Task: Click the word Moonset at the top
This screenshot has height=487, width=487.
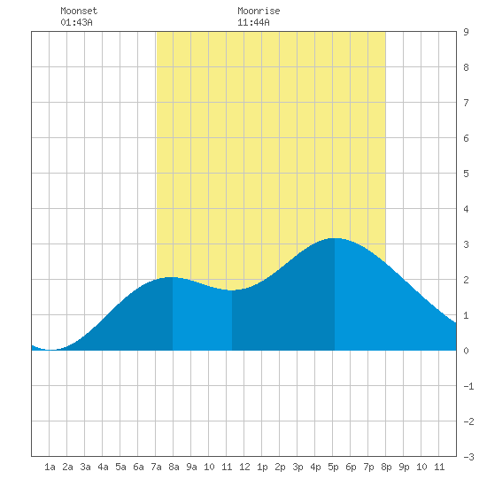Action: (x=79, y=11)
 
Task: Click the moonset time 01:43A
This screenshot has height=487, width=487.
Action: (x=76, y=22)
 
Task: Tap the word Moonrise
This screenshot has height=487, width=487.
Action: (x=259, y=11)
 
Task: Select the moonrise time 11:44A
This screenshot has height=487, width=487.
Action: (x=253, y=22)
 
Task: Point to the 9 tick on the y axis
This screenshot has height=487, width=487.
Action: (x=466, y=32)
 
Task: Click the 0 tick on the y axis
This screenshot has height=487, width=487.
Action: (x=466, y=351)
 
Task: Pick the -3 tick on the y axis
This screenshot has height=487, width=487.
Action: (x=468, y=457)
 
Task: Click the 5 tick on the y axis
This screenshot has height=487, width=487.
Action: (x=466, y=174)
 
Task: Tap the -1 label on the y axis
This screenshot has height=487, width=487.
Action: (x=468, y=386)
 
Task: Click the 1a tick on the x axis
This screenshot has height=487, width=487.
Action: (x=50, y=467)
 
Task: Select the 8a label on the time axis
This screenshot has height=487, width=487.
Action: (x=174, y=467)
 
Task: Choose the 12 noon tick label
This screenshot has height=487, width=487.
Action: (x=244, y=467)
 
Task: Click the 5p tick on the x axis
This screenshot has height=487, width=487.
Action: (x=333, y=467)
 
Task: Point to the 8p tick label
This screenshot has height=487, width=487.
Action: (x=386, y=467)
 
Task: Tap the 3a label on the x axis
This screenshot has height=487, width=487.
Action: (x=85, y=467)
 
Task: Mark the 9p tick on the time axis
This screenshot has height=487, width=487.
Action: (x=404, y=467)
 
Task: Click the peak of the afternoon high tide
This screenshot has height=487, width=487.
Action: (x=335, y=238)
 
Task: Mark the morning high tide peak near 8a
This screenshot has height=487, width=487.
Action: (x=172, y=277)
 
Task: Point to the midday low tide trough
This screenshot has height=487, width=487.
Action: (x=232, y=290)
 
